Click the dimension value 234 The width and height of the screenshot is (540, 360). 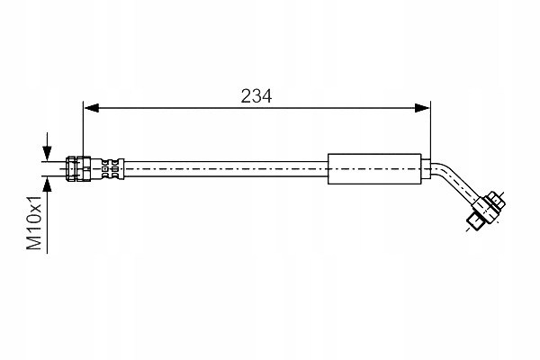[x=256, y=96]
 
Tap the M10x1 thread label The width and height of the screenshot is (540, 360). [x=34, y=222]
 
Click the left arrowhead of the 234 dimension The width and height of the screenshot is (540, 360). [x=92, y=108]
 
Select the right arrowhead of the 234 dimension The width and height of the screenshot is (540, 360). [x=422, y=108]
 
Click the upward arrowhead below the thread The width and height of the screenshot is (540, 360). [x=47, y=184]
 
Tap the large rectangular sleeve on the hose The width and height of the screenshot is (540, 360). [x=374, y=169]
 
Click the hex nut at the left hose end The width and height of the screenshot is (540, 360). [x=78, y=169]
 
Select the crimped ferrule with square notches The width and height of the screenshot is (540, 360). [x=112, y=169]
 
